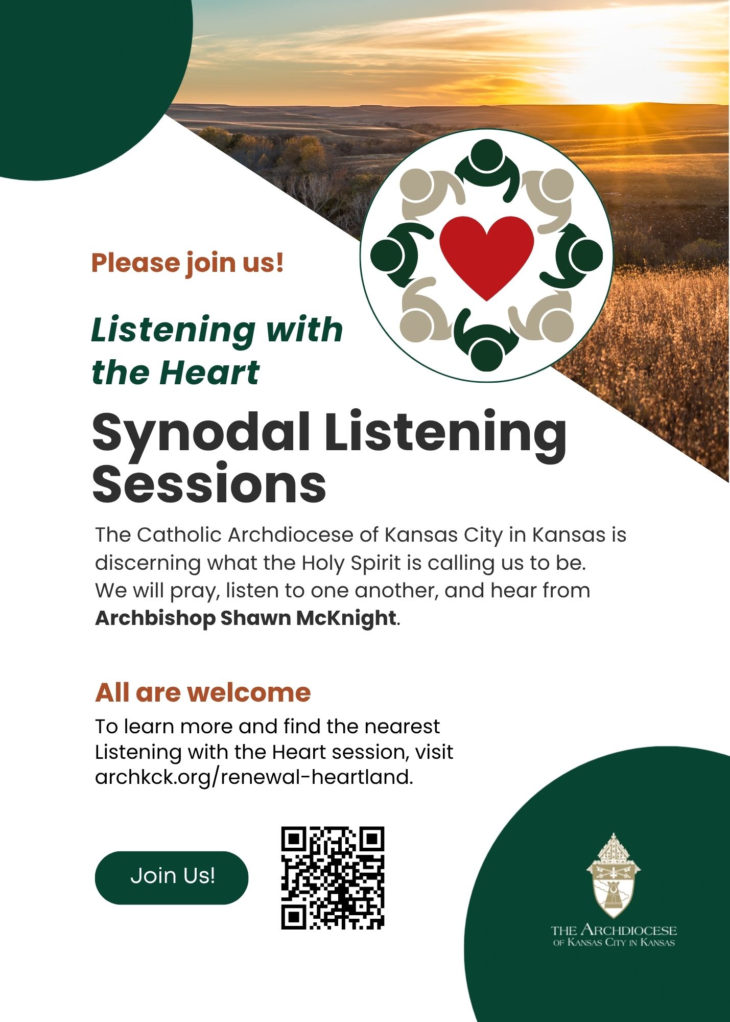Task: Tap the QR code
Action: tap(333, 877)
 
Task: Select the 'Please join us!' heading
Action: tap(187, 263)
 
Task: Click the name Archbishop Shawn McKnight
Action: tap(246, 618)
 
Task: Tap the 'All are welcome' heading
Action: tap(203, 692)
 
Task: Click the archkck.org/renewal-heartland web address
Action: tap(253, 777)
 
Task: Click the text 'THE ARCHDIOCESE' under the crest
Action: tap(614, 930)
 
